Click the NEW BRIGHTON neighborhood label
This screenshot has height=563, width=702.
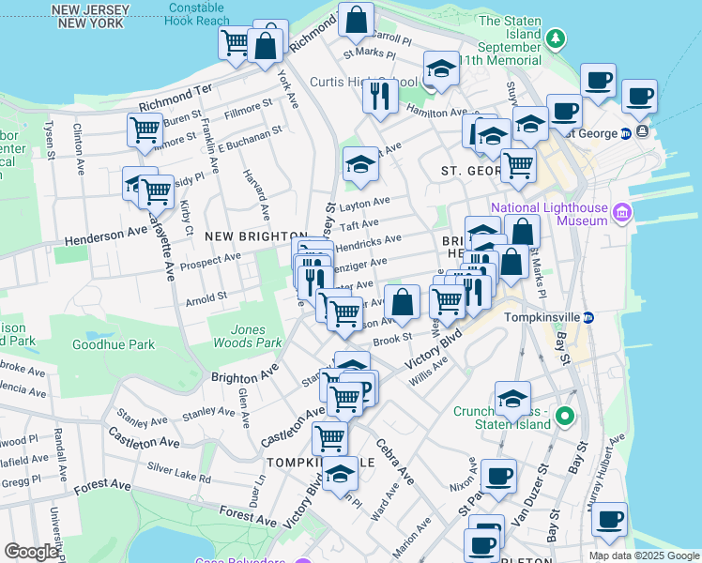[x=256, y=236]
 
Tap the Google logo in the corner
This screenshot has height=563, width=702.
[x=31, y=552]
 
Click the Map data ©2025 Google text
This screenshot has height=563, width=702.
[x=643, y=555]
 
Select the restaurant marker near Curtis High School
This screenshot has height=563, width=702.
[x=380, y=97]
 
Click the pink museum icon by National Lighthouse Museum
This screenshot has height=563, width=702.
[x=620, y=214]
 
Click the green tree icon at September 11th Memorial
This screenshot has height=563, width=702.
[x=556, y=38]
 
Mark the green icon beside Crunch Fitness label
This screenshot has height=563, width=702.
[x=564, y=415]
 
